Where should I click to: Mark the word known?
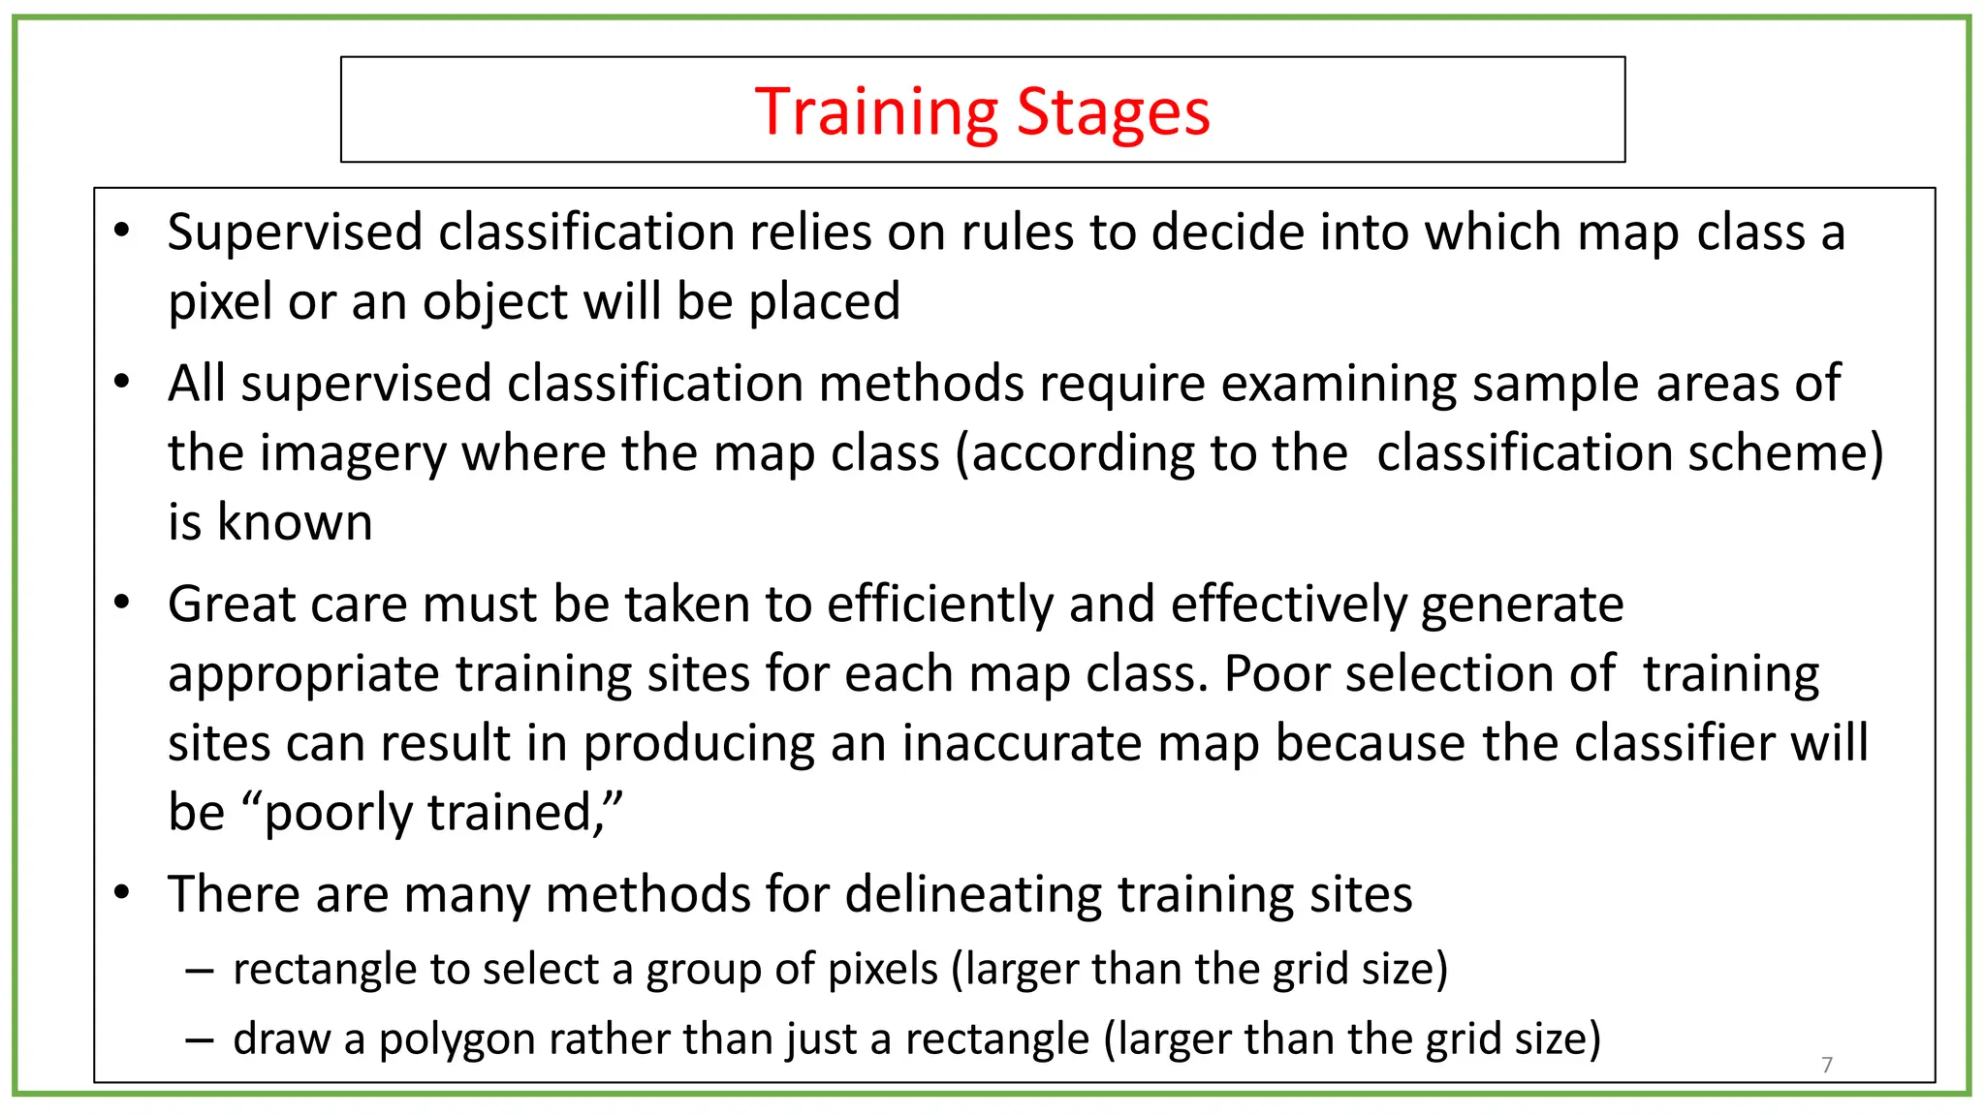(295, 522)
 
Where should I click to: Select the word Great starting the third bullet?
(225, 604)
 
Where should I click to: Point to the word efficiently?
(940, 604)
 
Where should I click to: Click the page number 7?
(1827, 1065)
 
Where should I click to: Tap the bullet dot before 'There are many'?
(121, 892)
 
